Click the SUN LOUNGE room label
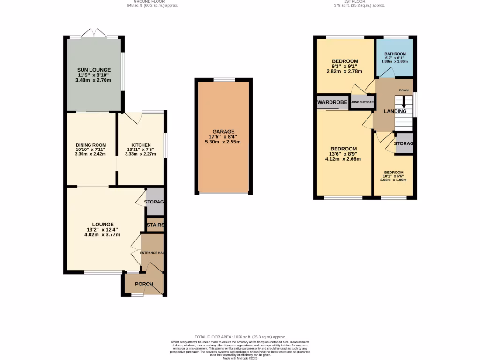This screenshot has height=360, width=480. click(x=94, y=70)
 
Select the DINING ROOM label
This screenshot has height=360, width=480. click(x=90, y=145)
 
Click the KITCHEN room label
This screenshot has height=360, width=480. click(x=141, y=145)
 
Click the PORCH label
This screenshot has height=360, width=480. click(x=144, y=284)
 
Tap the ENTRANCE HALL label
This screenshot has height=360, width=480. click(x=152, y=253)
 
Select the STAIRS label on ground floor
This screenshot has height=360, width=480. click(x=155, y=225)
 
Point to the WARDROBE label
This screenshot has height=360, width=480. click(x=332, y=102)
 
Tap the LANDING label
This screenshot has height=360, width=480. click(x=395, y=112)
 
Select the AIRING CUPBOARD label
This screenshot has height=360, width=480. click(x=363, y=102)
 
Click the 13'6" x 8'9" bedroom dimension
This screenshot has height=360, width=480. click(x=345, y=154)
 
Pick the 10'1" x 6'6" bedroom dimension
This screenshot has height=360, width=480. click(x=393, y=176)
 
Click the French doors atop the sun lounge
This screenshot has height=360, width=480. click(x=94, y=34)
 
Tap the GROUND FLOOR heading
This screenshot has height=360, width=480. click(x=152, y=2)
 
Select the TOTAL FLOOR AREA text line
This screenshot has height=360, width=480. click(x=240, y=337)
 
